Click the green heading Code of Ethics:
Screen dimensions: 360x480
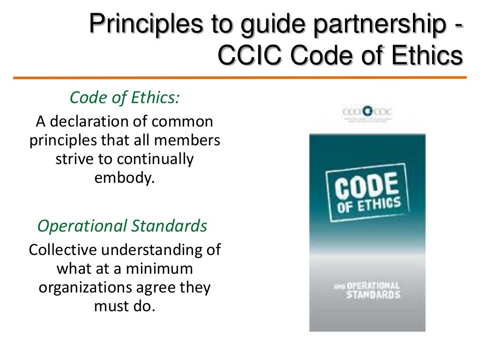click(x=124, y=97)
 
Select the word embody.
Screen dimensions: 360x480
click(x=124, y=178)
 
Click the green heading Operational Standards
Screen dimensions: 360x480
click(x=122, y=226)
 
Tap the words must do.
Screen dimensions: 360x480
click(x=124, y=306)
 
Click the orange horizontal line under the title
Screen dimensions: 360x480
click(x=240, y=77)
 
